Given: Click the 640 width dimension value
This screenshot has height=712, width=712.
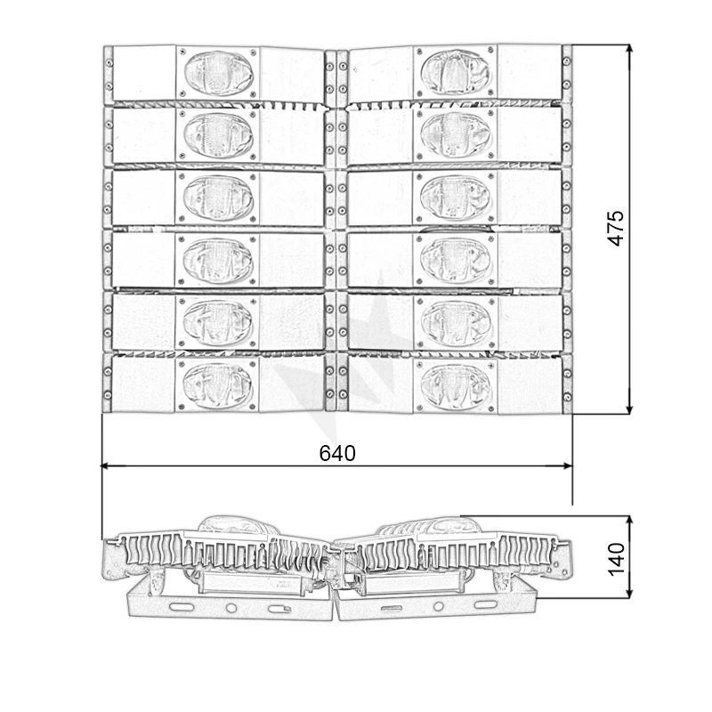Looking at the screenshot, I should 337,453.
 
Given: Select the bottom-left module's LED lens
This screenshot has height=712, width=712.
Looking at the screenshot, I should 218,384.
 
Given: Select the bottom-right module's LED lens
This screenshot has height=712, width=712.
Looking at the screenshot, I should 456,384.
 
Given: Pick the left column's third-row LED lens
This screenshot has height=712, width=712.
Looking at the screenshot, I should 218,197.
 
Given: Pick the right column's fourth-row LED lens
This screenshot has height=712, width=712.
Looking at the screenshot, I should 456,259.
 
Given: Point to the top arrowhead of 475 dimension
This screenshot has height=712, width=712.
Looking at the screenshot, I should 630,50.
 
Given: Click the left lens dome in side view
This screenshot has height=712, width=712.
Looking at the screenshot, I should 233,525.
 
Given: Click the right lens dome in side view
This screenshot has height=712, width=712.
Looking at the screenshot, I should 436,525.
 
